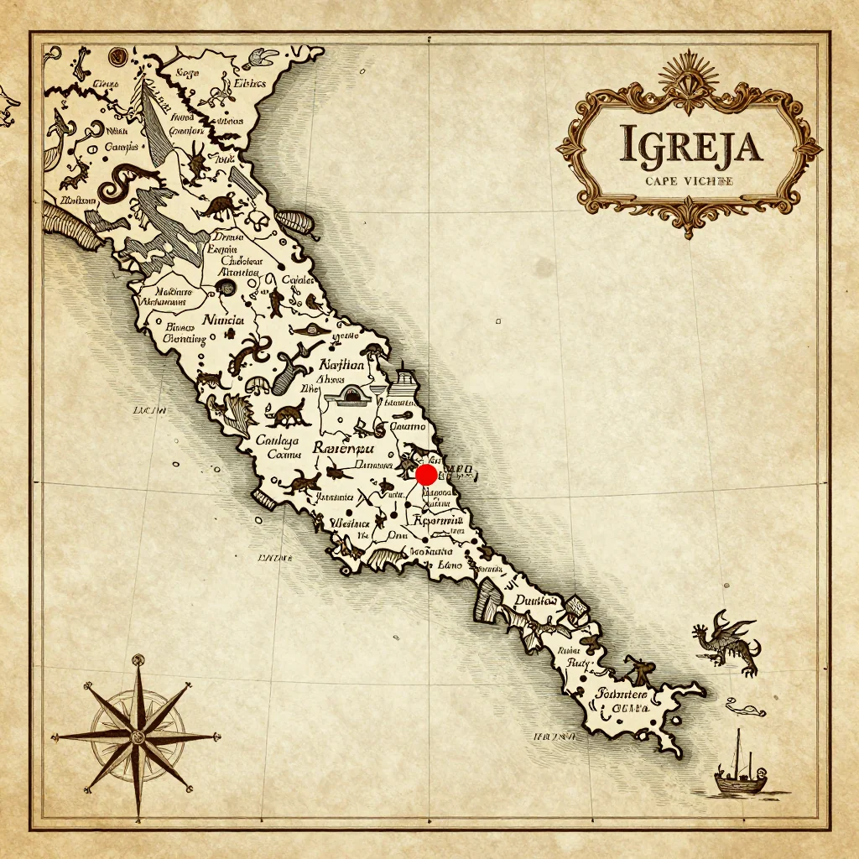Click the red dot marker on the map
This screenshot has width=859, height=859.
(426, 475)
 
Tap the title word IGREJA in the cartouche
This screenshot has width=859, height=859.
(690, 144)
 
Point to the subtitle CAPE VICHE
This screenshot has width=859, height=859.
(690, 180)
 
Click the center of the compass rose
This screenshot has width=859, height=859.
(137, 737)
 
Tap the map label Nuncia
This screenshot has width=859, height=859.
(223, 320)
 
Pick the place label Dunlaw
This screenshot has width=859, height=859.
(535, 601)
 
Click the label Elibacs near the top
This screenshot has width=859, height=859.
(247, 83)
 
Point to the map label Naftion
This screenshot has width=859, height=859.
(342, 365)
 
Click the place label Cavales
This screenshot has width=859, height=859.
(297, 279)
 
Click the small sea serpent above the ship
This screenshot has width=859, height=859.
(747, 709)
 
